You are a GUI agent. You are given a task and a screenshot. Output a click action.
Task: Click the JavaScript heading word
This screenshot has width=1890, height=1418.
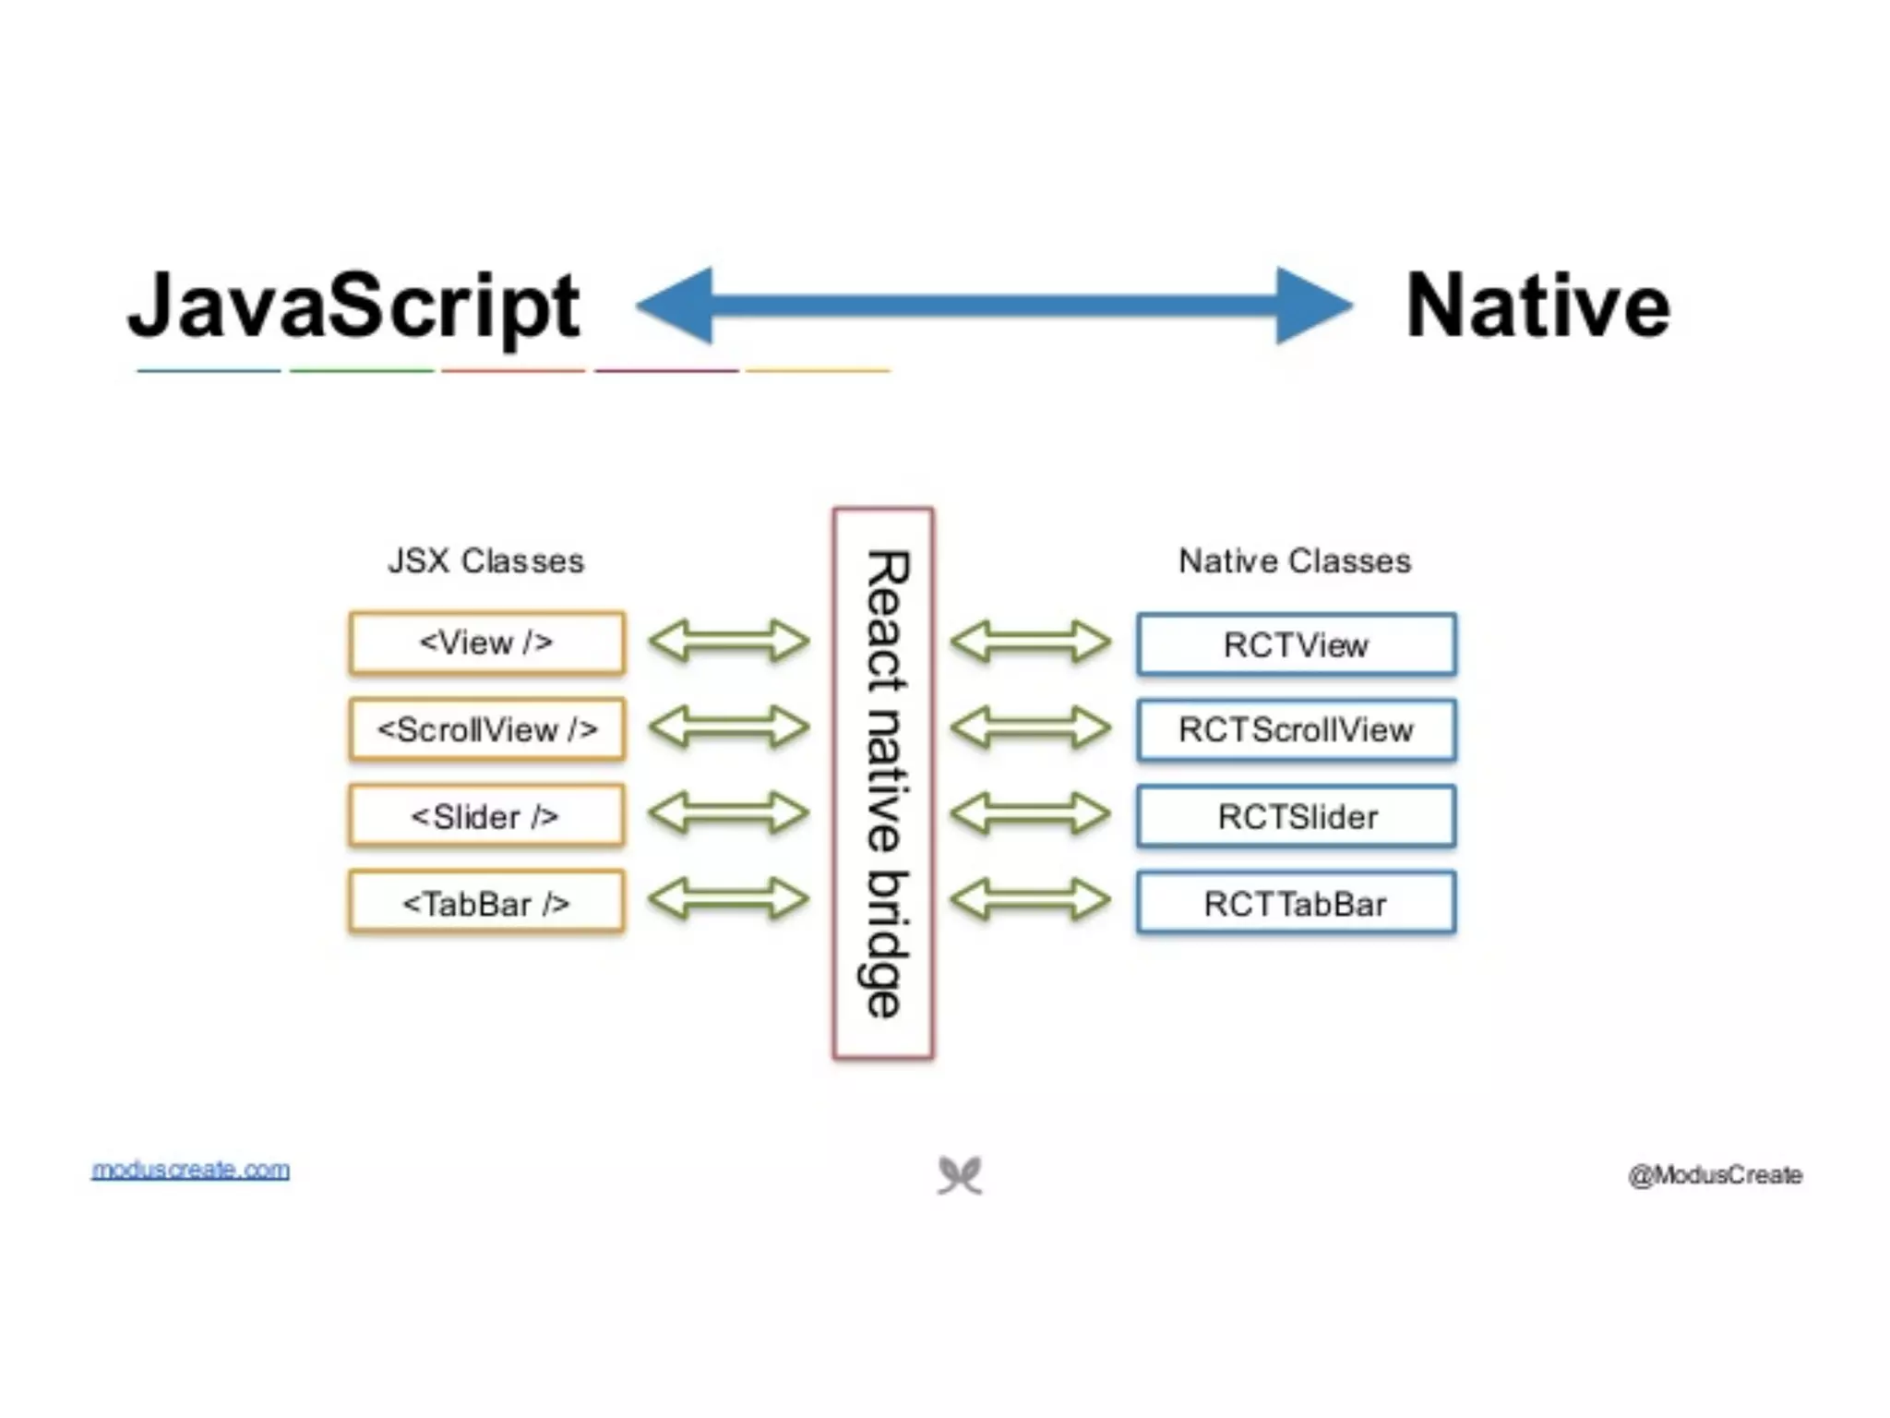tap(354, 306)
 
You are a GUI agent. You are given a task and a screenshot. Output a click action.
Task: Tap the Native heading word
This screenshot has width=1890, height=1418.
tap(1537, 306)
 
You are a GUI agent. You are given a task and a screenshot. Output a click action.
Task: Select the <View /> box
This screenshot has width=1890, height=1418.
tap(486, 643)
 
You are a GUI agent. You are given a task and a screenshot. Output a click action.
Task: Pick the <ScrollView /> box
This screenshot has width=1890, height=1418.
tap(486, 729)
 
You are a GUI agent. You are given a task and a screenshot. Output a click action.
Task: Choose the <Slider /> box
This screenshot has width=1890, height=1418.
tap(486, 816)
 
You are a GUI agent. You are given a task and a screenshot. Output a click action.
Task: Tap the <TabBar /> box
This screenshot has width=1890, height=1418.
tap(486, 903)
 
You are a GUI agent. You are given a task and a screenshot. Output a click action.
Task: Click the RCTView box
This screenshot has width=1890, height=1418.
tap(1296, 644)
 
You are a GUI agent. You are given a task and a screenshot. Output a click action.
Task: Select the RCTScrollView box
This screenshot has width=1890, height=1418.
tap(1296, 730)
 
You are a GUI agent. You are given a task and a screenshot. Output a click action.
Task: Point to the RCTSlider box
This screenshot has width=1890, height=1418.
tap(1296, 817)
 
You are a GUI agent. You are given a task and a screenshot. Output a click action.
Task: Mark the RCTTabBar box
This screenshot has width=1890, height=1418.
tap(1296, 904)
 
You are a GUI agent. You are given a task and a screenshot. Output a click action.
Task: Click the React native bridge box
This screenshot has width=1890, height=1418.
tap(883, 783)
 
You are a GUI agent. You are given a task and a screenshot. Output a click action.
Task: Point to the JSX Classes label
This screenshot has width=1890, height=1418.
tap(485, 561)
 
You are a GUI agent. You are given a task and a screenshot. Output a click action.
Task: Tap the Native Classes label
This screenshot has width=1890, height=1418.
tap(1295, 561)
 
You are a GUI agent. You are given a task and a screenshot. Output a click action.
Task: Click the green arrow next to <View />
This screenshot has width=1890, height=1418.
tap(729, 642)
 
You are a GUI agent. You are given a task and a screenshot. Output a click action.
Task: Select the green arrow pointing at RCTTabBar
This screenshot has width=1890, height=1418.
tap(1031, 900)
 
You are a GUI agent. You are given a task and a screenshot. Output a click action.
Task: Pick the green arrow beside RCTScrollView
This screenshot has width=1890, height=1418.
tap(1031, 727)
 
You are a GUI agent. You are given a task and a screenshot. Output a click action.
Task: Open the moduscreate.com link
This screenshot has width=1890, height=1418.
tap(190, 1170)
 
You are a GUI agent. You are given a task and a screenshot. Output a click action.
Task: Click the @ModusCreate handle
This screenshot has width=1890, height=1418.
tap(1715, 1175)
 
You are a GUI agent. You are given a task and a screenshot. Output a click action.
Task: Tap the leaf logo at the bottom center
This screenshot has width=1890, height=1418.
tap(960, 1175)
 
